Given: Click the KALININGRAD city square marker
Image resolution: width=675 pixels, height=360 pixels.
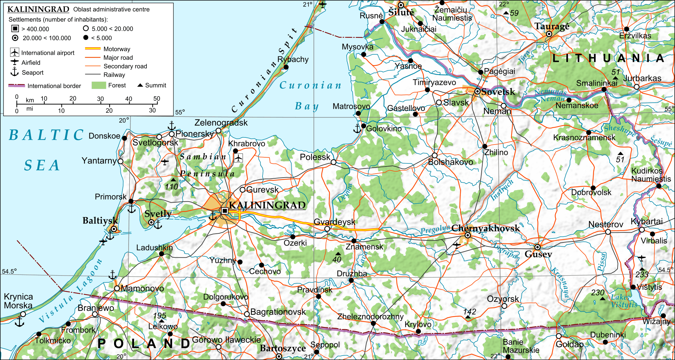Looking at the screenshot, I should click(x=225, y=211).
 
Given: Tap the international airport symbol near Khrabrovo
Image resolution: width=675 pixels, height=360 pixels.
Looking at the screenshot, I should click(x=239, y=158).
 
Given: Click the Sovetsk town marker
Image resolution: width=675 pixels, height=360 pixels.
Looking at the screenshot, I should click(x=478, y=92).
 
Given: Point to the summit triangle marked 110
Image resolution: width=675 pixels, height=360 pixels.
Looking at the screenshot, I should click(x=173, y=180).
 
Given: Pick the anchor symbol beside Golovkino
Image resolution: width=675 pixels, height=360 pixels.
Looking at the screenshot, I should click(x=357, y=129).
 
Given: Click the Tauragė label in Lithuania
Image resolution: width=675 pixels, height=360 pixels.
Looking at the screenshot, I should click(x=551, y=26).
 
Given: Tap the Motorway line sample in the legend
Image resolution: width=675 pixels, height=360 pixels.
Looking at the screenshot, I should click(x=92, y=49).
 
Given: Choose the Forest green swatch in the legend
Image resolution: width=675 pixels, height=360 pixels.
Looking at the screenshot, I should click(x=99, y=85).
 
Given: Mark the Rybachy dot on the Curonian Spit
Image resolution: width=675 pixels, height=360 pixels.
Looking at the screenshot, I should click(x=286, y=67).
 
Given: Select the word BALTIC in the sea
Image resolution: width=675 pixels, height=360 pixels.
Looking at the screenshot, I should click(x=46, y=135).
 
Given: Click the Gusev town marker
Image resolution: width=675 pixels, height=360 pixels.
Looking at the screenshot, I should click(x=537, y=247).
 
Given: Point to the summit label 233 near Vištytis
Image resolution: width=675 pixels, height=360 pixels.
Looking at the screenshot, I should click(x=642, y=274).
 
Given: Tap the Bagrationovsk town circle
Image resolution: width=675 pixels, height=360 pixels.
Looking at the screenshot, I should click(x=247, y=314).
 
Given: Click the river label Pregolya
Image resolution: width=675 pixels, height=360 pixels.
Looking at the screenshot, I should click(x=435, y=230).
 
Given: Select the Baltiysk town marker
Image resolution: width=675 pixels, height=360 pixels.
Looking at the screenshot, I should click(x=114, y=229).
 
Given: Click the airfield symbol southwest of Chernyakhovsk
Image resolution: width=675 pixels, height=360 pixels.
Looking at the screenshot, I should click(x=457, y=245).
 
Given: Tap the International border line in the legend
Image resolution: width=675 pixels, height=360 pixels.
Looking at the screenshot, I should click(x=17, y=86).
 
